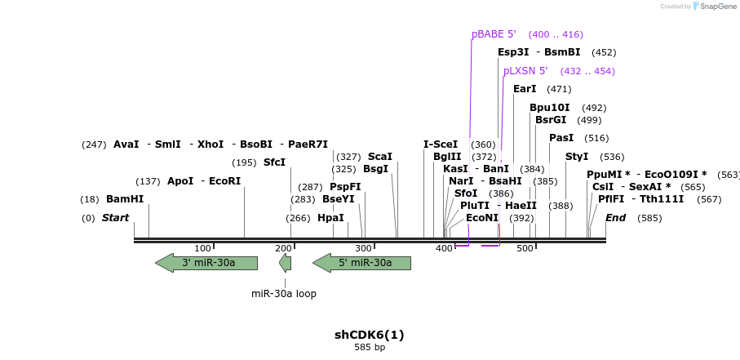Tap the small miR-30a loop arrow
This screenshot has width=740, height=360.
(285, 263)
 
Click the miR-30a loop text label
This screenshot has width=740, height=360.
(284, 294)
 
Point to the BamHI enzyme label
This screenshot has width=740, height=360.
(125, 199)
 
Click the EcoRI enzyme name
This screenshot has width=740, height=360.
(225, 181)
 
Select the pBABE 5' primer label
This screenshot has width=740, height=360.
(494, 34)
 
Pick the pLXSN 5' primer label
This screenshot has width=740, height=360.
(525, 71)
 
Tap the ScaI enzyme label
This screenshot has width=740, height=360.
(379, 157)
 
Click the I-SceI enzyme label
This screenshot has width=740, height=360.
(441, 144)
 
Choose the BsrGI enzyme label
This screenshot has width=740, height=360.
(551, 120)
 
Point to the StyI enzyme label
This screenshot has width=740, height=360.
(577, 157)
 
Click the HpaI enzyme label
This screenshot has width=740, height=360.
(330, 218)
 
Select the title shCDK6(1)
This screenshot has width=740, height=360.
(370, 335)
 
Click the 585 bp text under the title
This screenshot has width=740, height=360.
(370, 348)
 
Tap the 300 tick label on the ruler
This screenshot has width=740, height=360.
(364, 248)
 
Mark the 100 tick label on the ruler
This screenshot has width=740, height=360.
(203, 248)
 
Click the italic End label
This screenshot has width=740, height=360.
(615, 218)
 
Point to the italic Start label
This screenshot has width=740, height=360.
(115, 218)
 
